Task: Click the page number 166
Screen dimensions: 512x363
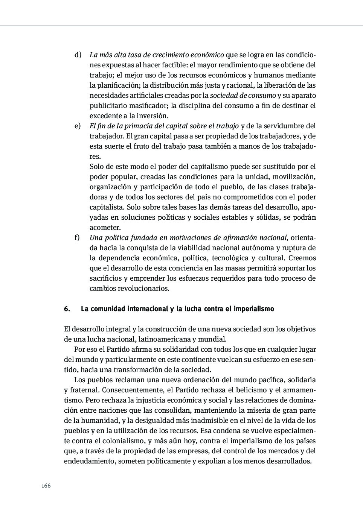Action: coord(46,486)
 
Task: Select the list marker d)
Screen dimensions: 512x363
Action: coord(78,55)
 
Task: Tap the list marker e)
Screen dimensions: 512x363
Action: coord(78,126)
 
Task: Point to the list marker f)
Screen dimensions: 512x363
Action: coord(77,238)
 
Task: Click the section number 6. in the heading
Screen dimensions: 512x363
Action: coord(67,309)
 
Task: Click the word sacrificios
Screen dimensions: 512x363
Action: coord(106,278)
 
